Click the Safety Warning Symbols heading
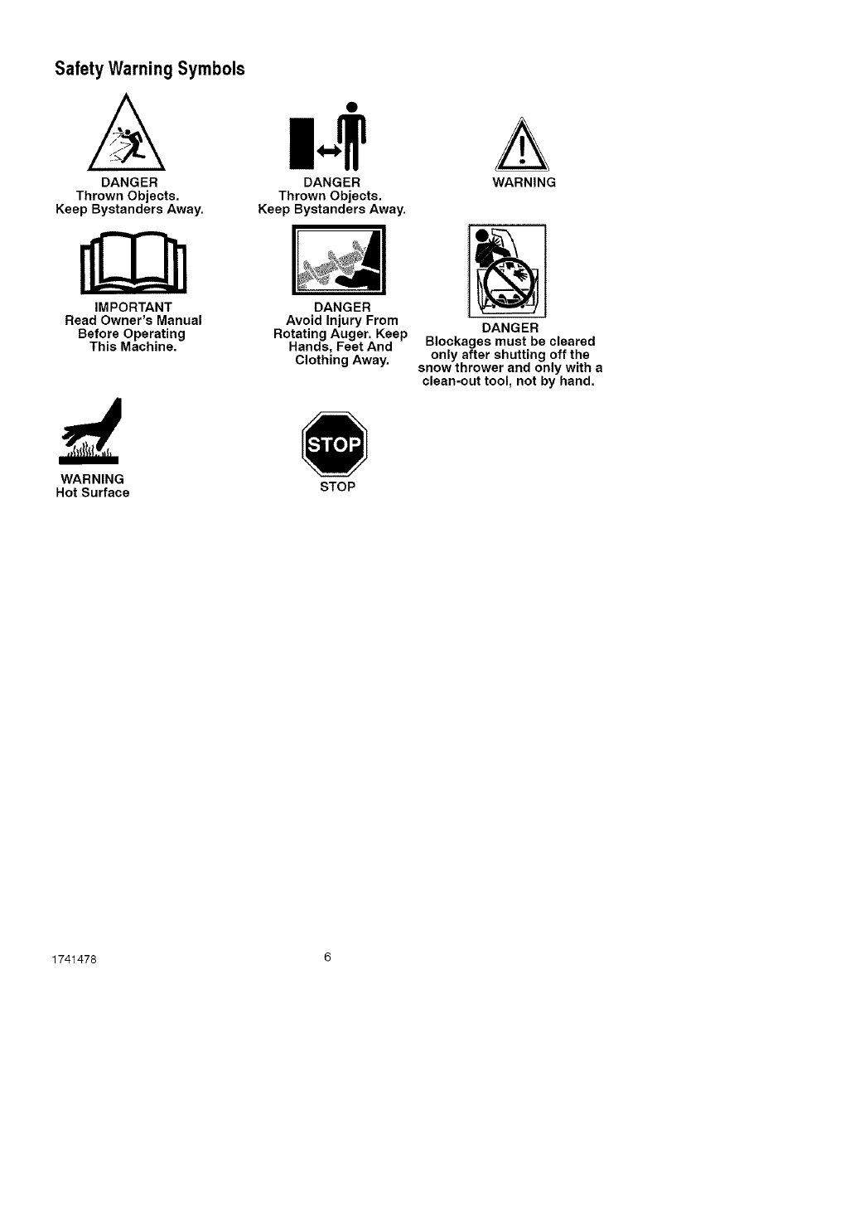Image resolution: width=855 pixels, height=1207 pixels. pos(150,69)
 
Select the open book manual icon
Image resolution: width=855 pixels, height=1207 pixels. pos(132,264)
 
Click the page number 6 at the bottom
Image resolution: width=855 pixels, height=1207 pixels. pos(327,957)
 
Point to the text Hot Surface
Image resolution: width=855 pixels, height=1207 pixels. pos(92,493)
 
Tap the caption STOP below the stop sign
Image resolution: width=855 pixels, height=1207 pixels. pos(337,487)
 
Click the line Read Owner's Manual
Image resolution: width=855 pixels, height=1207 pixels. pos(133,321)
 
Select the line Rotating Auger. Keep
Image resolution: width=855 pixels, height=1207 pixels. pos(341,334)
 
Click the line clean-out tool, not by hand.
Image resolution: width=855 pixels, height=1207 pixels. pos(509,381)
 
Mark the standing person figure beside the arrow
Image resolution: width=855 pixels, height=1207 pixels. pos(352,136)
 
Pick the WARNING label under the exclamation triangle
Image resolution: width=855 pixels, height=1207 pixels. pos(524,182)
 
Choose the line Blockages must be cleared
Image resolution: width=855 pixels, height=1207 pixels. pos(510,342)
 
